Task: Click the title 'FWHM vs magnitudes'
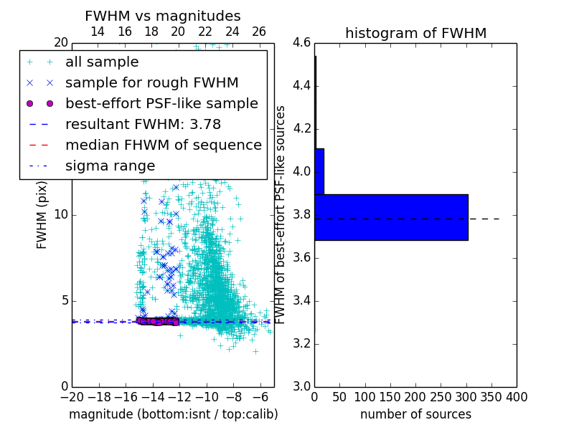pos(163,16)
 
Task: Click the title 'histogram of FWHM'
pos(415,33)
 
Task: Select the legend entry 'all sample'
pos(102,62)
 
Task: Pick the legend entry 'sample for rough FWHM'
pos(151,82)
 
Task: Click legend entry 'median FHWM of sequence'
pos(163,145)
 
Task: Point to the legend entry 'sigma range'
pos(110,166)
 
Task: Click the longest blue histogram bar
pos(391,217)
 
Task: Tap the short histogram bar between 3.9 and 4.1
pos(319,171)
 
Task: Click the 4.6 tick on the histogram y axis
pos(301,43)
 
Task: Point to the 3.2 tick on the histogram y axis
pos(301,343)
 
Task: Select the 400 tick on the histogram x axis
pos(516,396)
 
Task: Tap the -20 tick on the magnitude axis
pos(72,396)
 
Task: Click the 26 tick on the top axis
pos(259,32)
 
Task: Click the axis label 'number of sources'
pos(415,414)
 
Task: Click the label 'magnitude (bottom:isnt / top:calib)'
pos(173,414)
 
